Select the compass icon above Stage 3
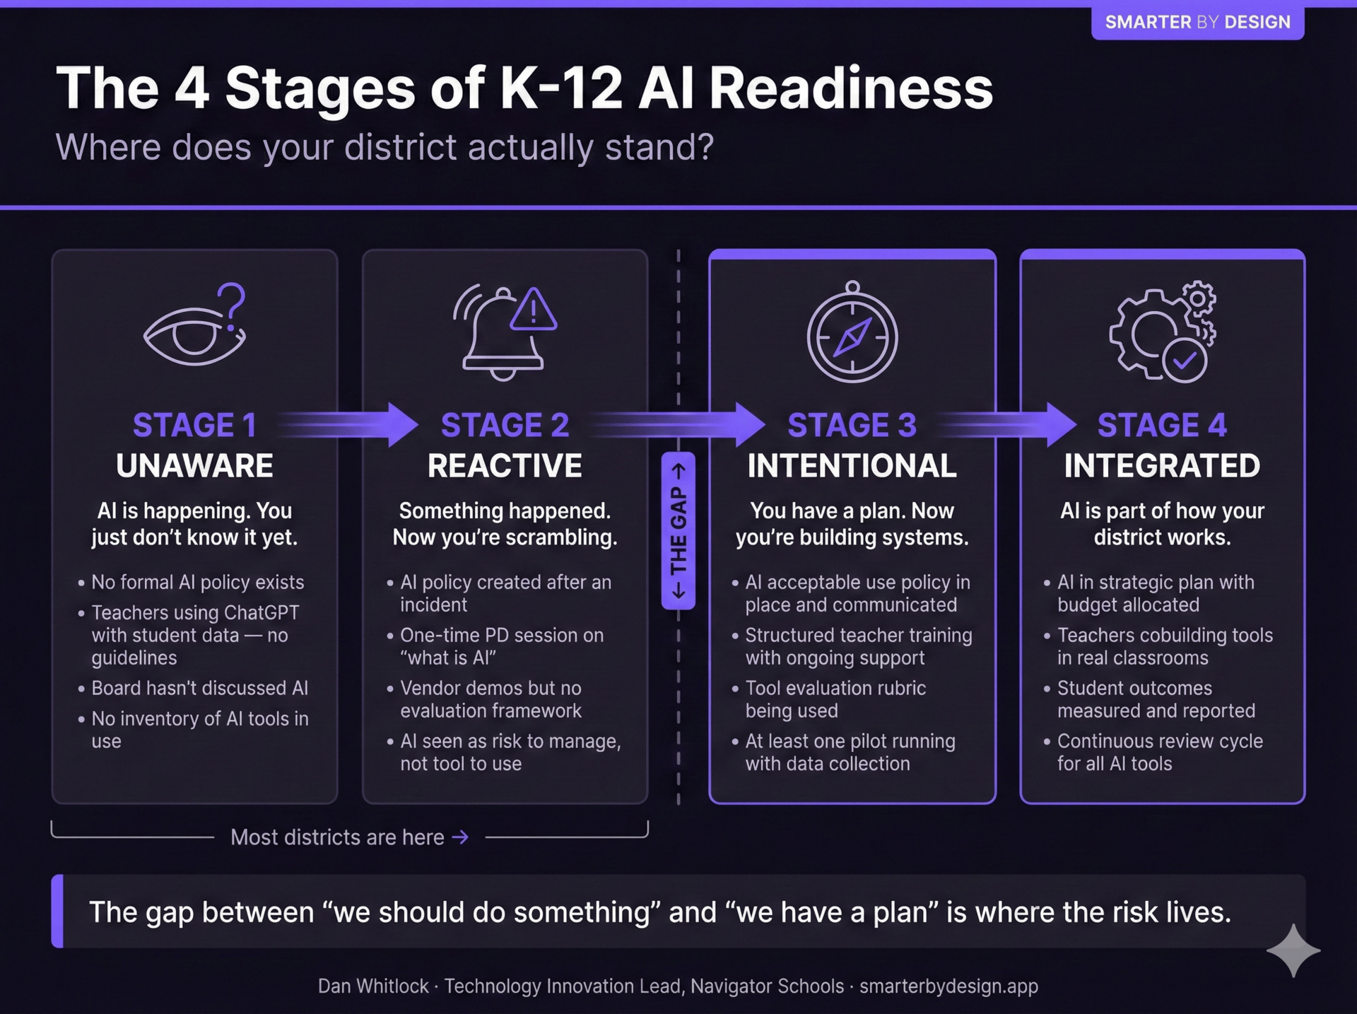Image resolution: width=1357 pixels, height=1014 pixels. (852, 334)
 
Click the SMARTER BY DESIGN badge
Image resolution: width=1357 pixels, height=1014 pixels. (1197, 22)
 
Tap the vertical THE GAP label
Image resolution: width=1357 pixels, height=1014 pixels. (678, 530)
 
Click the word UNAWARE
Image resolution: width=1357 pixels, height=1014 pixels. (194, 466)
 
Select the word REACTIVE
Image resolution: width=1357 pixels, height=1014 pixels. (505, 466)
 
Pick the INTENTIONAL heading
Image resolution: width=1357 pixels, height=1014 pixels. (852, 466)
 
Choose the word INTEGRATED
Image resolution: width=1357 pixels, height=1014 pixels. (1162, 466)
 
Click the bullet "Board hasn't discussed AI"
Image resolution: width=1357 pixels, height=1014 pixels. (199, 688)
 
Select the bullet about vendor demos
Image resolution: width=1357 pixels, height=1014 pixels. (490, 699)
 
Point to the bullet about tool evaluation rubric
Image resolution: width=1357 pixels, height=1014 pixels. (835, 699)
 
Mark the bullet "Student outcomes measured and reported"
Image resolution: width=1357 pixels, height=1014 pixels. (1156, 699)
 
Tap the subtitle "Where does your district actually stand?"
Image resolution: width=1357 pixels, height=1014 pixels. (384, 147)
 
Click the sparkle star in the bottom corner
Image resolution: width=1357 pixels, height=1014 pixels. (1293, 951)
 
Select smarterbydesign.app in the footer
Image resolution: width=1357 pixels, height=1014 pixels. (948, 986)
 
